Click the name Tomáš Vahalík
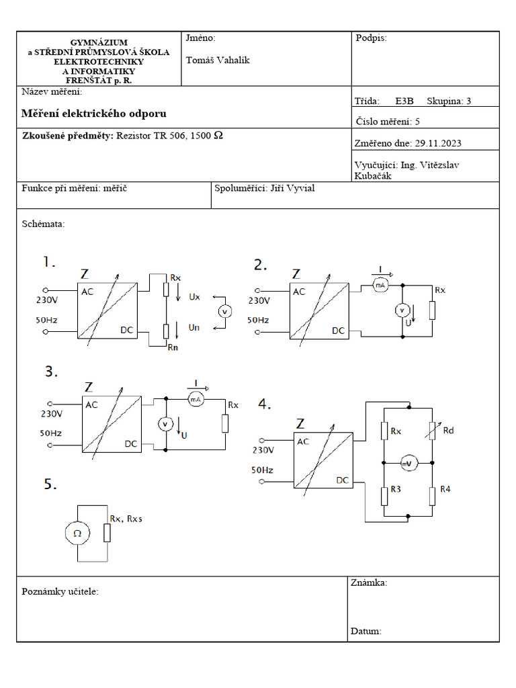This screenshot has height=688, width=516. (x=217, y=60)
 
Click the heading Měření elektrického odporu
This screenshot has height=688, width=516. (x=93, y=114)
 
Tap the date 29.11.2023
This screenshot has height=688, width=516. (x=438, y=143)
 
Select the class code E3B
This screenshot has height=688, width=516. (x=404, y=101)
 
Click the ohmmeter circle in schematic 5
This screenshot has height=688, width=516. (x=77, y=533)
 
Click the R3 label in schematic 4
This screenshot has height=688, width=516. (x=395, y=489)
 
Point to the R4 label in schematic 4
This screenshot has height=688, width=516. (x=445, y=488)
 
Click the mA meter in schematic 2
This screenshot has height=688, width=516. (x=381, y=285)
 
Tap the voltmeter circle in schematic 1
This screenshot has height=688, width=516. (x=226, y=311)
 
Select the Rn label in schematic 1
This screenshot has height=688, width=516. (x=173, y=348)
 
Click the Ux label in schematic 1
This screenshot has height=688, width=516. (x=194, y=296)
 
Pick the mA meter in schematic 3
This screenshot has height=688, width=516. (x=196, y=400)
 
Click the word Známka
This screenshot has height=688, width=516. (x=368, y=583)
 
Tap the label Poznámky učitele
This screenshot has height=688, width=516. (x=60, y=591)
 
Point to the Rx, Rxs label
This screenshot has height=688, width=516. (x=126, y=518)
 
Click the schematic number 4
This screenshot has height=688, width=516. (x=265, y=404)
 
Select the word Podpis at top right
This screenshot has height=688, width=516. (x=370, y=38)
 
